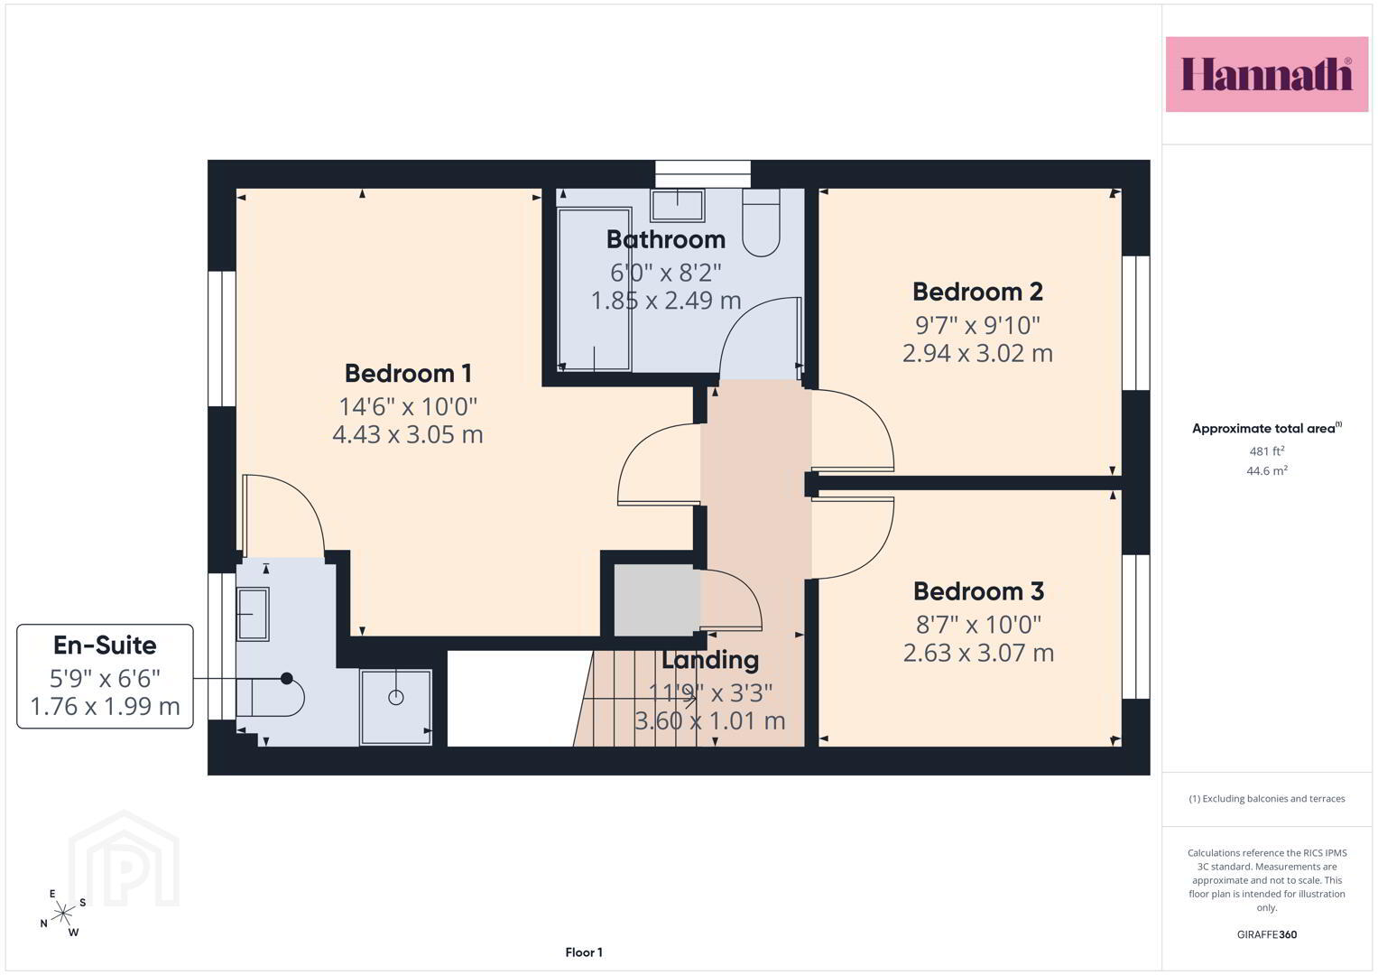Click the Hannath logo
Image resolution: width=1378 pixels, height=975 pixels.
1267,74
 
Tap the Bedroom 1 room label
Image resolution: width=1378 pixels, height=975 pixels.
408,373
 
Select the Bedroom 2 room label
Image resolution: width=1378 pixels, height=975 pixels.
977,292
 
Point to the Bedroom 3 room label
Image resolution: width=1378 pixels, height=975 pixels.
978,591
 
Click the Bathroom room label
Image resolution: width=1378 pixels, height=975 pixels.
666,239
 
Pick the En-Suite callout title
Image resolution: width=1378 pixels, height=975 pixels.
105,645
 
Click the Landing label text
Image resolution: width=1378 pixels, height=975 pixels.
710,660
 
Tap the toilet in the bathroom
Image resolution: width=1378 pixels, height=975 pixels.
761,222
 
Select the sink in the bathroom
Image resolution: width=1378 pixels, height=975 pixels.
678,206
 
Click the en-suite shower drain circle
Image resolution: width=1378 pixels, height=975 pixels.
396,697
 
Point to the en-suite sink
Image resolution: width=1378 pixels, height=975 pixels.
253,614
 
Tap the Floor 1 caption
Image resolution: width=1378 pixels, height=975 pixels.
584,952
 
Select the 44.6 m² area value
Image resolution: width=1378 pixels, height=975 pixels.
1267,471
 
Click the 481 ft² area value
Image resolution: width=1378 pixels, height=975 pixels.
1267,451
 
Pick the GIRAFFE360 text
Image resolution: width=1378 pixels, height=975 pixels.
1267,934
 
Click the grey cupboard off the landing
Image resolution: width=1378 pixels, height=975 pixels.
657,600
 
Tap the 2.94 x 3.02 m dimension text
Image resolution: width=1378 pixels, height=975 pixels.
977,353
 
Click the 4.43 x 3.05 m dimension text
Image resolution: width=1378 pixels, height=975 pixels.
408,434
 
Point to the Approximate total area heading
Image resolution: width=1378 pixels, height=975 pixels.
1267,429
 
